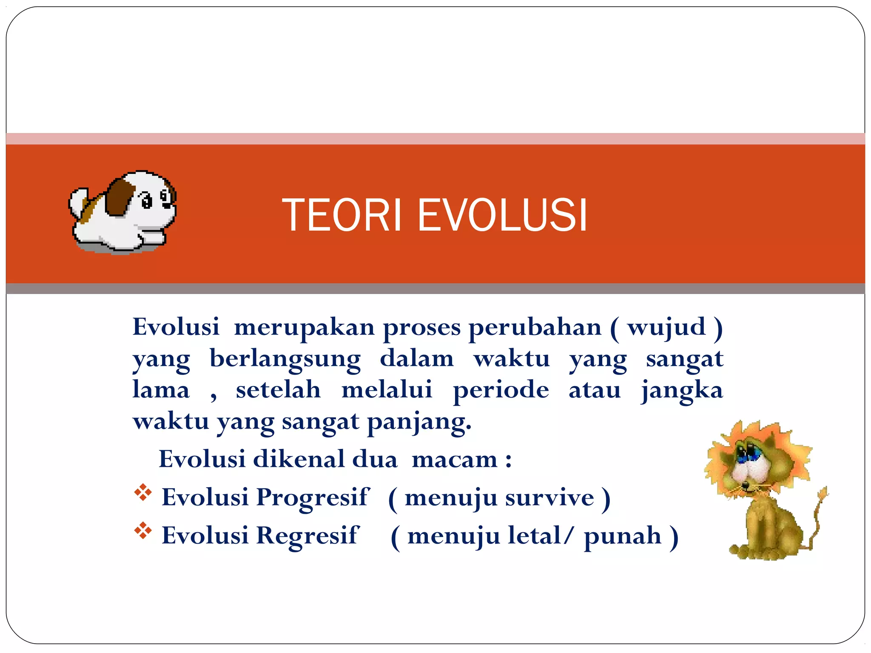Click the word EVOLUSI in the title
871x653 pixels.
coord(502,216)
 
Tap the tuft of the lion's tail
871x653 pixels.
coord(823,494)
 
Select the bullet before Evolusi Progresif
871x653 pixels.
coord(143,493)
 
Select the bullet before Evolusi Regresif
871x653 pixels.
coord(143,531)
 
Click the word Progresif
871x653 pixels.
coord(313,497)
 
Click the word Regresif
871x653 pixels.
coord(308,535)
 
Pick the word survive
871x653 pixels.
coord(549,498)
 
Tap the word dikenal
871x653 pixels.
coord(299,460)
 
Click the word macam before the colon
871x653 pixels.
coord(454,460)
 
